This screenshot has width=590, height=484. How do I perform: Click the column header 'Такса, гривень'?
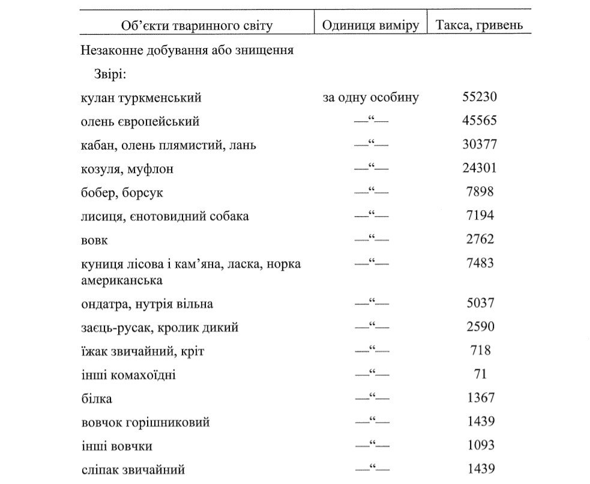pos(479,25)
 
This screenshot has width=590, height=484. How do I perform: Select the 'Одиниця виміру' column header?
pos(370,25)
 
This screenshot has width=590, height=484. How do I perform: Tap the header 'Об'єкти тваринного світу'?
pos(197,25)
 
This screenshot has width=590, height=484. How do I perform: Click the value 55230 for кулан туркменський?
pos(480,97)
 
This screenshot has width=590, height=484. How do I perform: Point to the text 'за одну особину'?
pos(370,97)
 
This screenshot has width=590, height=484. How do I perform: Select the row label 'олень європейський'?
pos(140,121)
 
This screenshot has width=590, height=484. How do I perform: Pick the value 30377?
pos(480,145)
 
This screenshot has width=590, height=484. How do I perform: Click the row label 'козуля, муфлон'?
pos(127,169)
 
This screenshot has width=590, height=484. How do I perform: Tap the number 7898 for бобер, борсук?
pos(480,192)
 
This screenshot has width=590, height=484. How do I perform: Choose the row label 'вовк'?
pos(95,240)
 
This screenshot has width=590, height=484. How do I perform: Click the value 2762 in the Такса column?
pos(480,240)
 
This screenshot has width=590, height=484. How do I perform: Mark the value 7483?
pos(480,264)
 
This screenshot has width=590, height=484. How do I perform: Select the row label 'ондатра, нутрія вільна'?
pos(147,304)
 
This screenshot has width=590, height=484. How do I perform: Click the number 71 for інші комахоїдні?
pos(480,374)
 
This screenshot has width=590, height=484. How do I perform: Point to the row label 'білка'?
pos(97,399)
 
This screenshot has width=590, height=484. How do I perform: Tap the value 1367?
pos(480,398)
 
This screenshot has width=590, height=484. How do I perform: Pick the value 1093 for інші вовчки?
pos(480,446)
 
